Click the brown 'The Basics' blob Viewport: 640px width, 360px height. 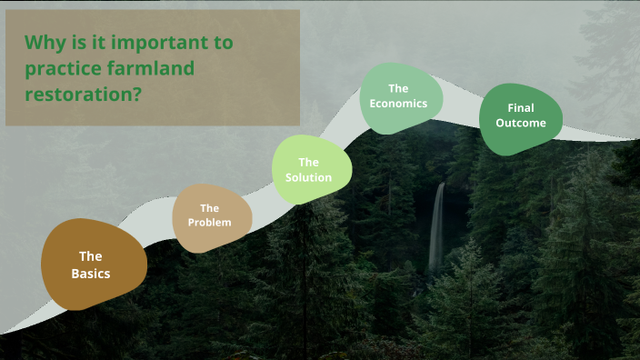pos(93,265)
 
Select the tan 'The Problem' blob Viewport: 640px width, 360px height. pos(209,216)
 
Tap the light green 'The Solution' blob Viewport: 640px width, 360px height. pos(309,169)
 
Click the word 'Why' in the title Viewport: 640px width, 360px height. pos(42,42)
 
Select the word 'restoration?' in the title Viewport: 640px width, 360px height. pos(83,93)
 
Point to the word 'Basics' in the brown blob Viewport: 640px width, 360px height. pos(91,274)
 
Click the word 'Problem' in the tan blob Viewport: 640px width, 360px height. pos(209,223)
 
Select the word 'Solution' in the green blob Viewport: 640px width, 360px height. pos(309,177)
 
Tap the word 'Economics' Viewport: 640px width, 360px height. pos(398,103)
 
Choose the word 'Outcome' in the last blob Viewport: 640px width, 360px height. pos(521,123)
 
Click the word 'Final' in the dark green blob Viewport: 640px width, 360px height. pos(515,108)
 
